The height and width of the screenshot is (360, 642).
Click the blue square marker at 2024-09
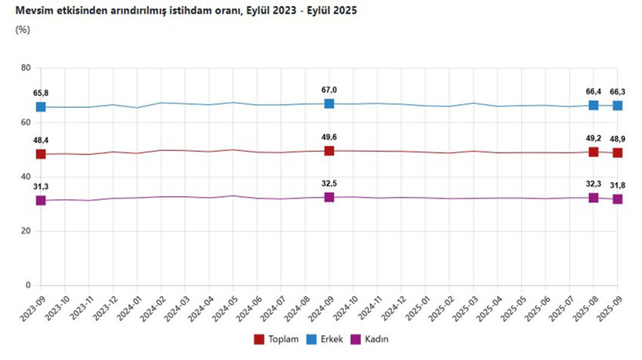click(329, 103)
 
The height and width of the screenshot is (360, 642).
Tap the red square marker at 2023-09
click(41, 154)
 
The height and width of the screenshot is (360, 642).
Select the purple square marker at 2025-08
click(594, 198)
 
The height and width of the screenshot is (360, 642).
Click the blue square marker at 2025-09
click(618, 106)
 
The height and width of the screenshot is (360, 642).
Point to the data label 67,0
click(329, 90)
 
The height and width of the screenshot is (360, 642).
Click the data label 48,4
click(41, 140)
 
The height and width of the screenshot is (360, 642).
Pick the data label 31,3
click(41, 186)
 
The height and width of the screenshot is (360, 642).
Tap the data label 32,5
click(329, 184)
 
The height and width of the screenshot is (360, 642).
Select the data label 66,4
click(593, 92)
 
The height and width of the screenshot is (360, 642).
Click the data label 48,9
click(618, 140)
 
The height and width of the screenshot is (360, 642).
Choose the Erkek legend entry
click(325, 339)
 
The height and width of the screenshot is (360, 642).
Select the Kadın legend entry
click(369, 339)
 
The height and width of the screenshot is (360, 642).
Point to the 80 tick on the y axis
click(25, 68)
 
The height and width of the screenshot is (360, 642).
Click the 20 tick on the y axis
click(25, 231)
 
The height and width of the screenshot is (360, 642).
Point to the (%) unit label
click(22, 29)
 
